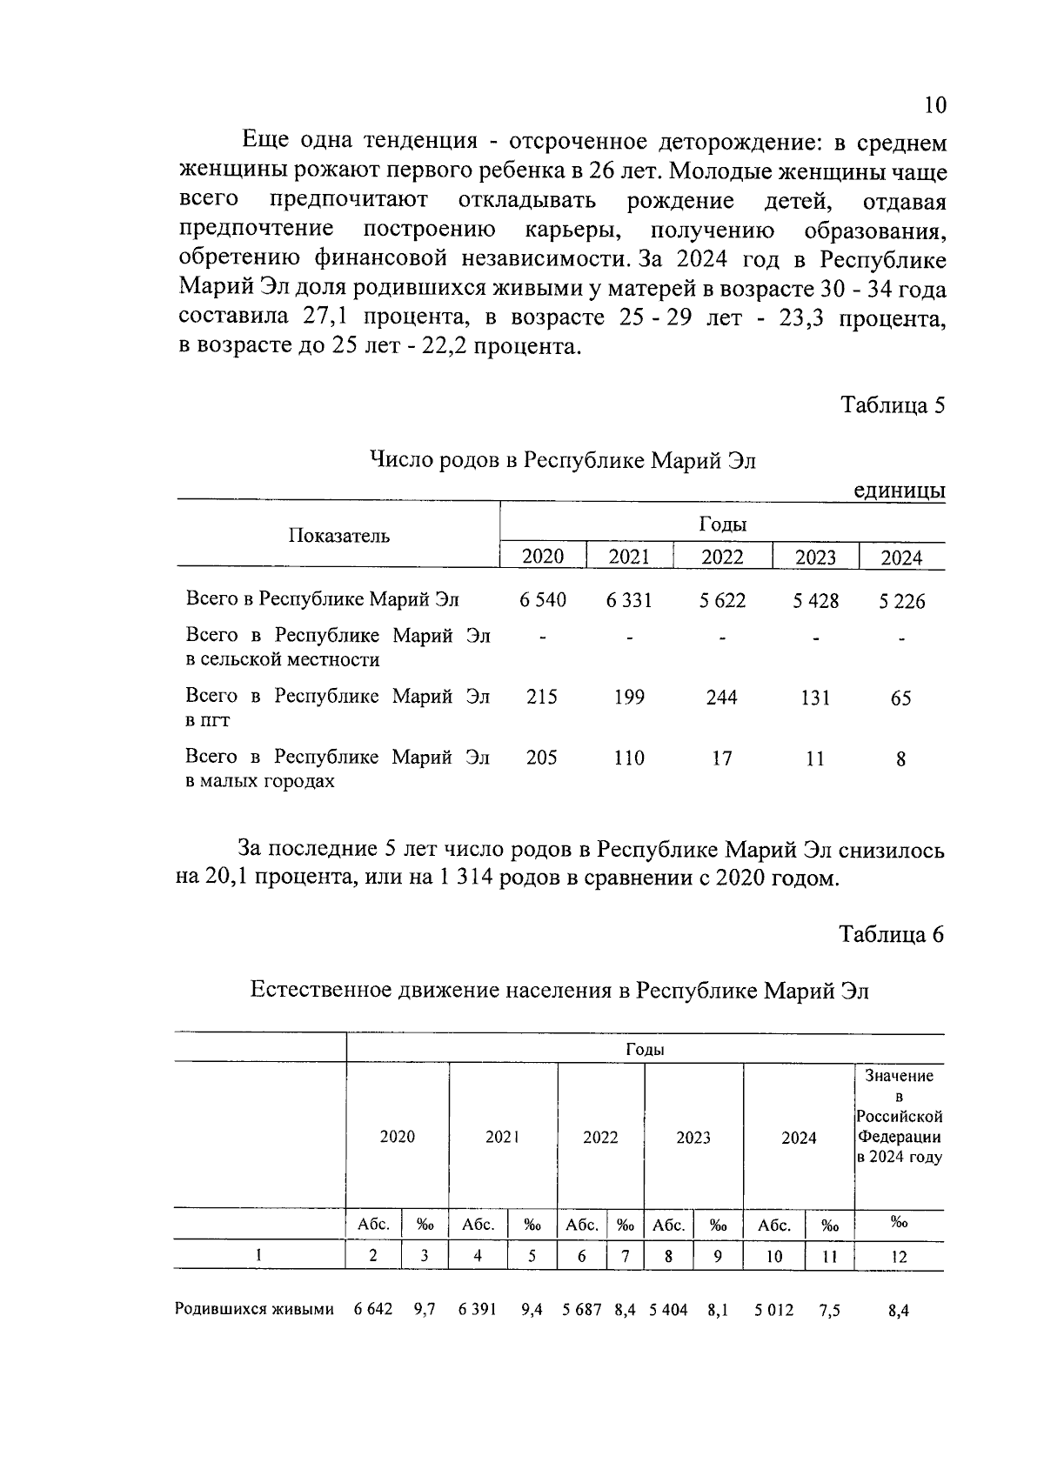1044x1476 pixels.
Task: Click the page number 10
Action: [934, 105]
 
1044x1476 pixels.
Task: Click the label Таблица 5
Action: [892, 405]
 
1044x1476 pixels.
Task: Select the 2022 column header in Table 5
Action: [722, 557]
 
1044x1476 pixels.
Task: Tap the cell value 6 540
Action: [543, 600]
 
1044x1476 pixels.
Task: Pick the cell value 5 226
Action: [901, 601]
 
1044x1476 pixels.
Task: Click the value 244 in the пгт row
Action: [721, 698]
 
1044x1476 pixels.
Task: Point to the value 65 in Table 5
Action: [900, 698]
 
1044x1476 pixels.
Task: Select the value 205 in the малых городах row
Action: [541, 758]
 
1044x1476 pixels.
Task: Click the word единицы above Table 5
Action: [899, 491]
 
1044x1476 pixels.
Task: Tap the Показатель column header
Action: [339, 536]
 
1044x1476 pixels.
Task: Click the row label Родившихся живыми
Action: [254, 1310]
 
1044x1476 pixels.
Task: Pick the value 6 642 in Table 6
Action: [373, 1310]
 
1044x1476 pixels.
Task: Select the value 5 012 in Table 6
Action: [773, 1310]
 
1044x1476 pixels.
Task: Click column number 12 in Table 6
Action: [899, 1257]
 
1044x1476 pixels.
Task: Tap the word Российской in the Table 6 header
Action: [899, 1116]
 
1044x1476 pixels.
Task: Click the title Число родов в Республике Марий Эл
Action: [563, 460]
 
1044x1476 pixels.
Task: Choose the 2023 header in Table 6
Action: [693, 1138]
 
